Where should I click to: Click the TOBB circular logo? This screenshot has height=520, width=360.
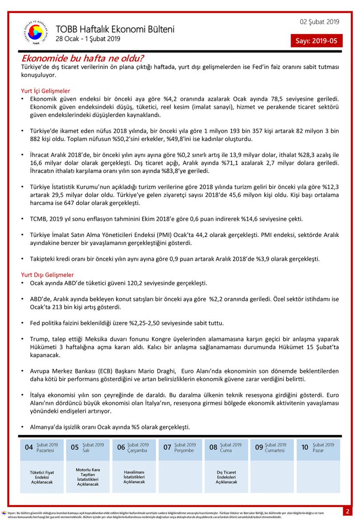tap(36, 32)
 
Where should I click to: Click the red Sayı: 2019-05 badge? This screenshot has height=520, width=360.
tap(316, 41)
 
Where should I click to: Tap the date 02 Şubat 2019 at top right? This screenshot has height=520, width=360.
tap(320, 22)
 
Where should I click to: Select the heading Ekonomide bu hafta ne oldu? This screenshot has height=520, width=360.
tap(83, 58)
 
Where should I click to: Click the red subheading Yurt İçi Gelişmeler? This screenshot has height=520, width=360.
tap(45, 91)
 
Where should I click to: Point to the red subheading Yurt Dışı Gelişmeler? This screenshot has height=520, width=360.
tap(47, 275)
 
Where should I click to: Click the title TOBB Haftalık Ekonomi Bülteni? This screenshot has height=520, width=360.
tap(115, 29)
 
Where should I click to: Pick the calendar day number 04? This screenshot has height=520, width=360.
tap(29, 447)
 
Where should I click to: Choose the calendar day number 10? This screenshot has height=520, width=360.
tap(305, 447)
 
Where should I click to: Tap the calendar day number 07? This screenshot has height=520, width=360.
tap(167, 447)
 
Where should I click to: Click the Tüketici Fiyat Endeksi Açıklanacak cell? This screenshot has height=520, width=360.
tap(42, 477)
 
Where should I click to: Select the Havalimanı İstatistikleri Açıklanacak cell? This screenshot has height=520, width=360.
tap(134, 477)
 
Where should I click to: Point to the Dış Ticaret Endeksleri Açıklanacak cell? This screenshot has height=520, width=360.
tap(227, 477)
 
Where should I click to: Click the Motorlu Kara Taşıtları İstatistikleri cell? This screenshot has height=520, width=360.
tap(88, 477)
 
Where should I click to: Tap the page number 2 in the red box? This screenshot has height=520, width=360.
tap(347, 511)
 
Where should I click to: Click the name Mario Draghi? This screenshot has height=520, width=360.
tap(156, 371)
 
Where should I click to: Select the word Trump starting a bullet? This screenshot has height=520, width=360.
tap(39, 339)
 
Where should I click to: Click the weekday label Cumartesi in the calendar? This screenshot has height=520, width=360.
tap(275, 450)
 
